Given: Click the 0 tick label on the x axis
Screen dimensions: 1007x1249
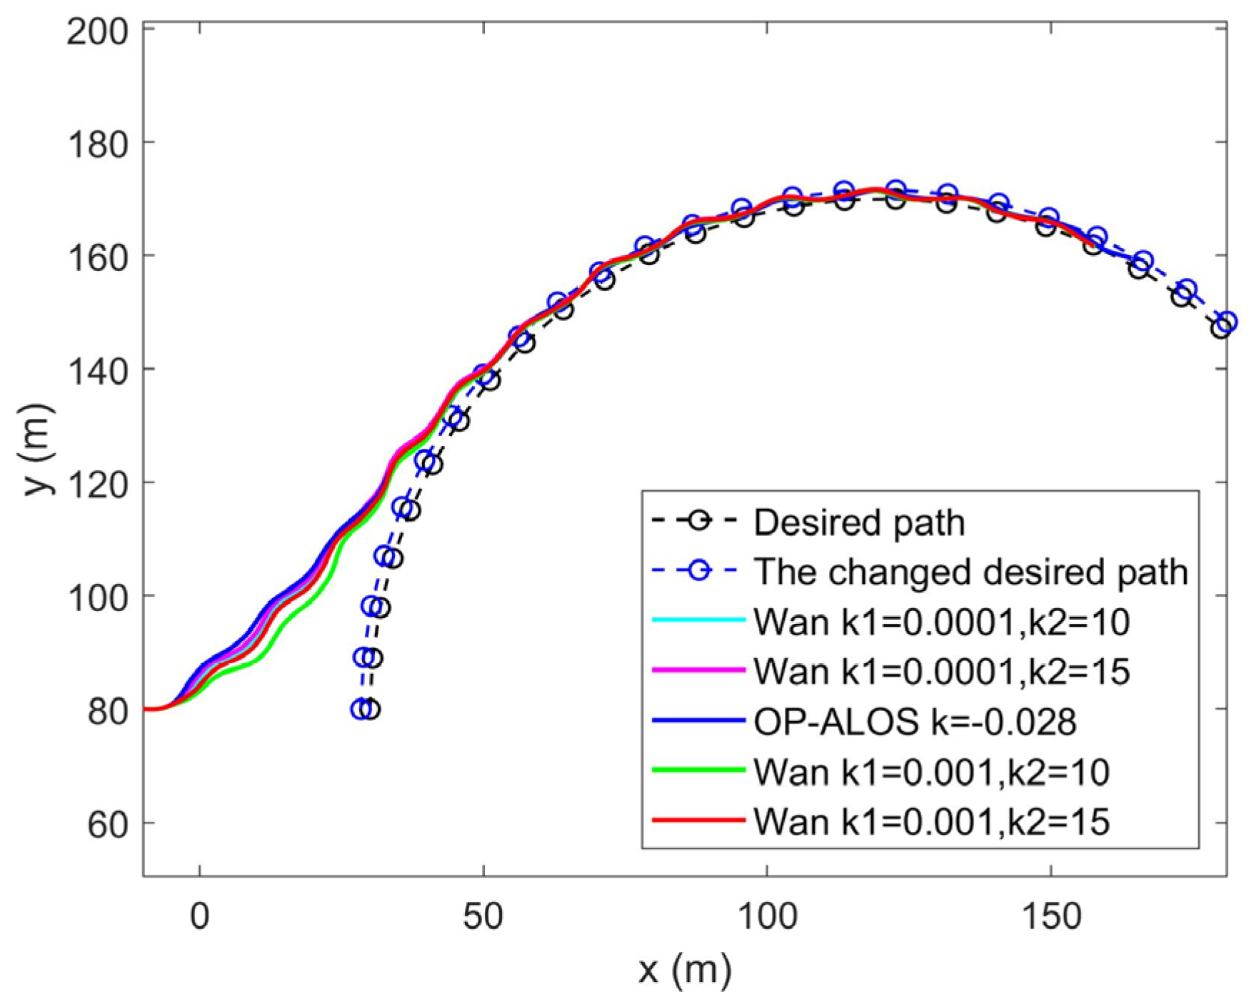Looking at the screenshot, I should pos(200,916).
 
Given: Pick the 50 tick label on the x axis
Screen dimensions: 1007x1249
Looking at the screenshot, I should pos(483,916).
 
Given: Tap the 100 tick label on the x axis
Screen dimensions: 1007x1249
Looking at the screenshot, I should pos(766,916).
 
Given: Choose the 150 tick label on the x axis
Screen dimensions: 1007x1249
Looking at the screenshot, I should pos(1050,916).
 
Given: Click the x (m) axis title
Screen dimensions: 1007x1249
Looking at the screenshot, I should pos(684,970).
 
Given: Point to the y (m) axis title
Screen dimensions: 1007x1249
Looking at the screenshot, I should pos(37,448).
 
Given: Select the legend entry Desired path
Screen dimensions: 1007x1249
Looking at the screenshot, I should pos(858,523).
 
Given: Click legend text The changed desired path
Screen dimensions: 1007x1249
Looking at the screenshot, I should pos(970,572).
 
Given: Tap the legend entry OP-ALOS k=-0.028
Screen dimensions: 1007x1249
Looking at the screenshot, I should pos(914,722).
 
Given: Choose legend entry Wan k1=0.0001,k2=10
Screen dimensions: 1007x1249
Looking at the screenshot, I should pos(940,622).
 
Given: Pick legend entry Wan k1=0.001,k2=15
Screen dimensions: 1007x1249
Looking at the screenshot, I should pos(931,821).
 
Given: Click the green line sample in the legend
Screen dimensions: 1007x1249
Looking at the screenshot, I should pos(699,770).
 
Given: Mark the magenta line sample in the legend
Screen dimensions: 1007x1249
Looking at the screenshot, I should pos(699,670).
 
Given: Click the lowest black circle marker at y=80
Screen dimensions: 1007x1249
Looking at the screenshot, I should pos(370,710).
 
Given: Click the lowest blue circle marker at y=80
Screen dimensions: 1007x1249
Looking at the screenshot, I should pos(361,709).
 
